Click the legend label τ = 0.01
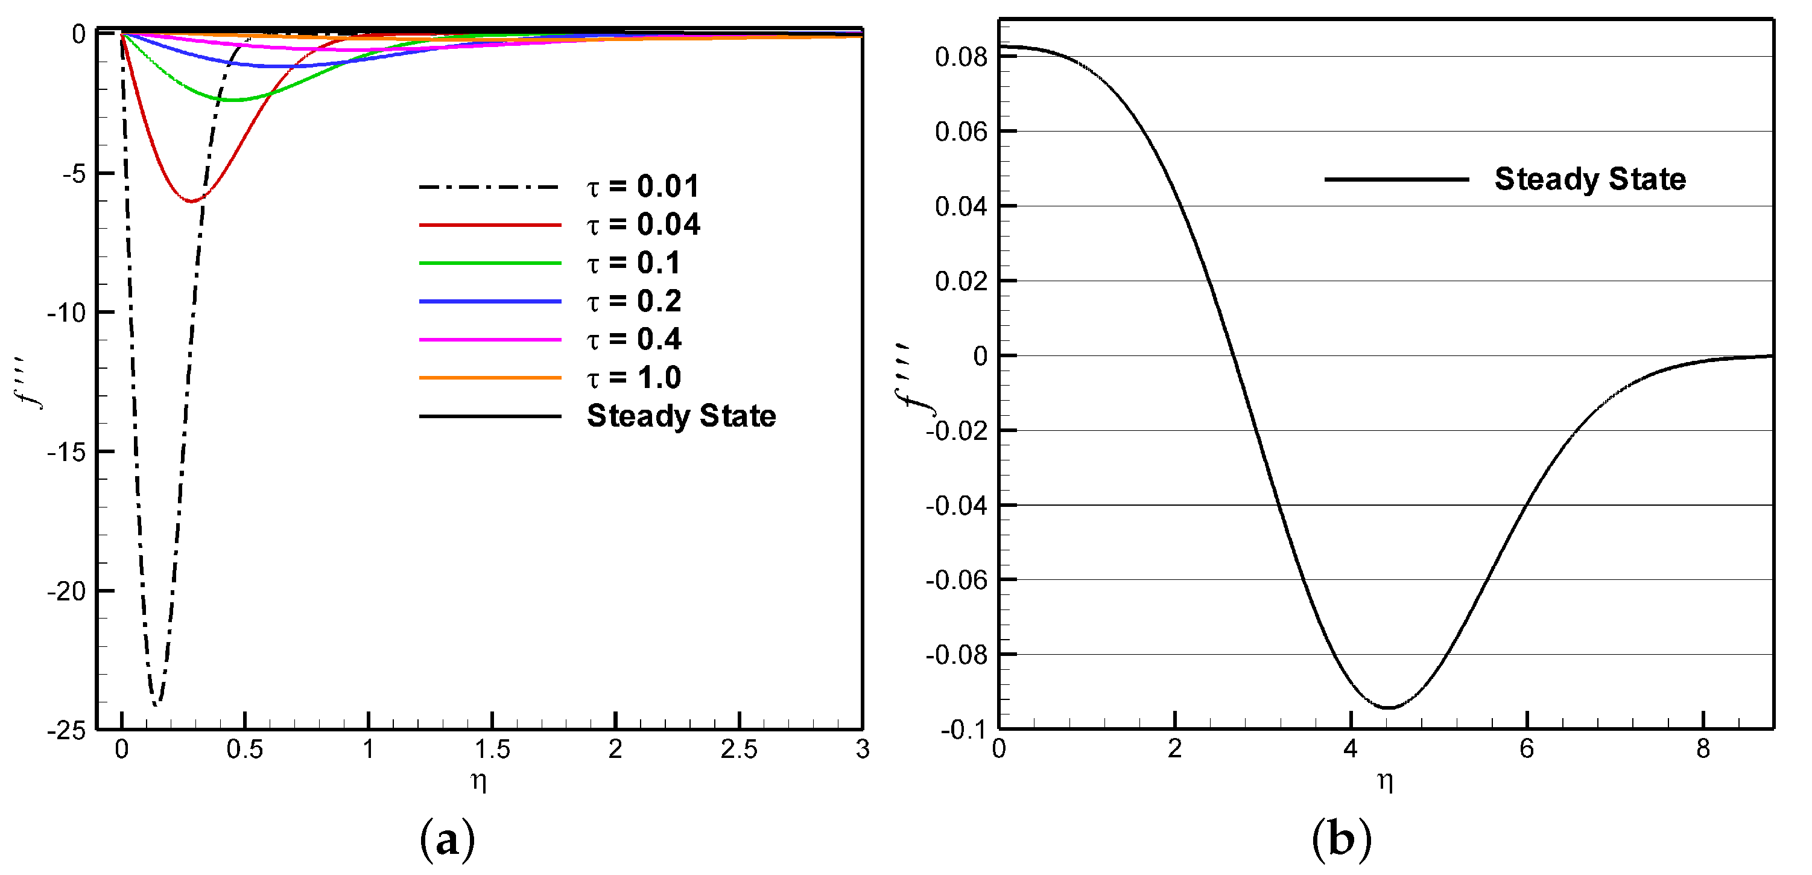coord(643,186)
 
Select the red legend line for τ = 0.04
coord(490,225)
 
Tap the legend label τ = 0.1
coord(633,263)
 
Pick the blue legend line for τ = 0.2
coord(490,301)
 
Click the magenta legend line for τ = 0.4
coord(490,340)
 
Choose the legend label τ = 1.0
coord(633,378)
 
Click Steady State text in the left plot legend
coord(681,416)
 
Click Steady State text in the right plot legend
coord(1589,179)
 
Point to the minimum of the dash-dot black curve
coord(156,702)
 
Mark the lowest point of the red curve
coord(191,202)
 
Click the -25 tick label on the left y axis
coord(66,731)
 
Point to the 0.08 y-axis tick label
coord(961,57)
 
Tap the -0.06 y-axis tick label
coord(956,581)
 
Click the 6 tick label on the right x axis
coord(1527,749)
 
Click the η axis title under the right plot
coord(1385,780)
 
